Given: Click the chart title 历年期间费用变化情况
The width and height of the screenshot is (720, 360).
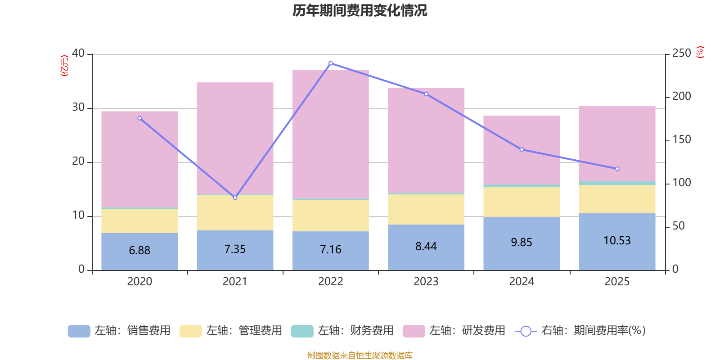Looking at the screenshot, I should (360, 10).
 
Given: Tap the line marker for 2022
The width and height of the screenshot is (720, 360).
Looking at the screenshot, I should (331, 63).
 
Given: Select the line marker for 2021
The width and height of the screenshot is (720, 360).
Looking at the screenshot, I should (235, 198).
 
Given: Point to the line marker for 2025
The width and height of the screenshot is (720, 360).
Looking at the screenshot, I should (617, 169).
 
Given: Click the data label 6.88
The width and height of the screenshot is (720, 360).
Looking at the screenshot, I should (139, 251).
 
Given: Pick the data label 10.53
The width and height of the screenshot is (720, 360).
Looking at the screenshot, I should (617, 241).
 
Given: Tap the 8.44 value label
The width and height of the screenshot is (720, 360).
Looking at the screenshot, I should (426, 247).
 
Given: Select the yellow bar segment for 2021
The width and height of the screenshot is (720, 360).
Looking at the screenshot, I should (235, 213).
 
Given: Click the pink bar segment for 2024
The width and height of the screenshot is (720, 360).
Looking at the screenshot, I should (522, 149).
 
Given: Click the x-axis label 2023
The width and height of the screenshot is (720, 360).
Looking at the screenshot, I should (426, 282).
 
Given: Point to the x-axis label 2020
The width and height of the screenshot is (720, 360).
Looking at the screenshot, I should (139, 282).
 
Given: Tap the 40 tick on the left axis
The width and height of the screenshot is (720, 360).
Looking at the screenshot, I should (78, 54).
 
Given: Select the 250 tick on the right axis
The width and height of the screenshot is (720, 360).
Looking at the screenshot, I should (681, 54).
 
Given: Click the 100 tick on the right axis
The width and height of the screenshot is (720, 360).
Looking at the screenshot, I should (681, 183).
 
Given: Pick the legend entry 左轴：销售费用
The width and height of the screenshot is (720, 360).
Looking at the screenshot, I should (119, 331).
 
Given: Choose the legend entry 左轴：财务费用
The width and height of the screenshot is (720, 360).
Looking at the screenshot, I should (342, 331).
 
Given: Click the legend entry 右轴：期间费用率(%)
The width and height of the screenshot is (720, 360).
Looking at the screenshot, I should (580, 331).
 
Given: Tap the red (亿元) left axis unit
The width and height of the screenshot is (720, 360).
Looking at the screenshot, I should (64, 66).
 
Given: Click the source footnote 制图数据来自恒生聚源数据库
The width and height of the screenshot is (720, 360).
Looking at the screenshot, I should (360, 355).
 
